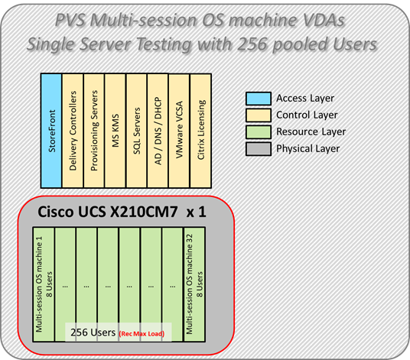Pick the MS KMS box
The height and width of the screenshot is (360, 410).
116,128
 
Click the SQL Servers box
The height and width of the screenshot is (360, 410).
137,128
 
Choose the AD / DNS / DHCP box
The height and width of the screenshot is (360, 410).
158,128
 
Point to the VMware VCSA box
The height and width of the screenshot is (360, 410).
180,128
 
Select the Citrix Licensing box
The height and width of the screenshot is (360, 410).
201,128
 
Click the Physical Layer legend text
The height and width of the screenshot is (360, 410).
309,148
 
